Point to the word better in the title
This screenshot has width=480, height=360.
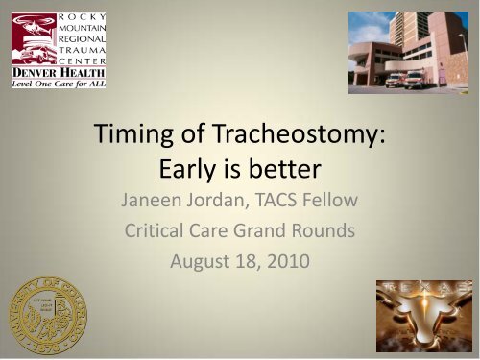click(x=285, y=173)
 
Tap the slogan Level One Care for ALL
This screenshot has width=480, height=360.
click(x=58, y=84)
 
